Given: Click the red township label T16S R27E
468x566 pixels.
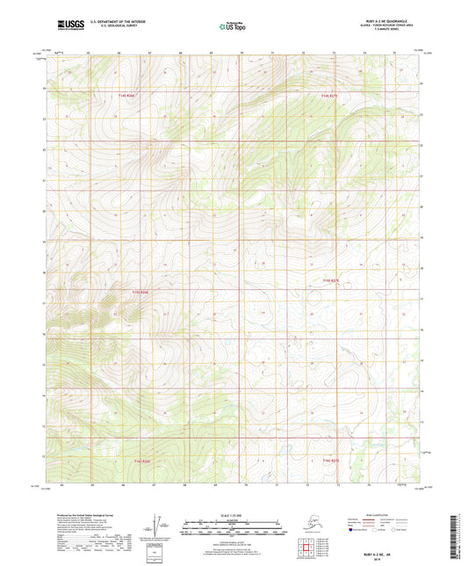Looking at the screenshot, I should [330, 459].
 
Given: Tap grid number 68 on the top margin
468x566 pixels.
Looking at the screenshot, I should [180, 54].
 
